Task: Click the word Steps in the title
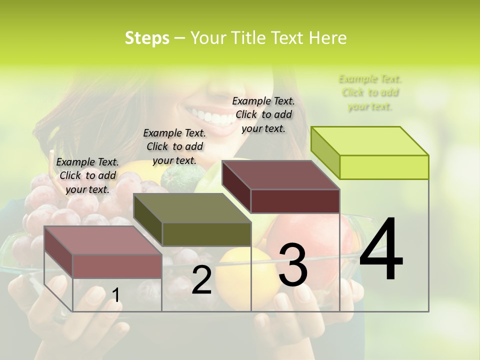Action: pos(147,38)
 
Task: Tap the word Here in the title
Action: pos(328,38)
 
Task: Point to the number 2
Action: pos(201,280)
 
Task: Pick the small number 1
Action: pos(115,295)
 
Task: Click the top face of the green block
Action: pos(370,140)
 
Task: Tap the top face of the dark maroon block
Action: pos(280,175)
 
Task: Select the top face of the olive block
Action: pos(192,208)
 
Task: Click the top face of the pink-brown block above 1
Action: pos(103,240)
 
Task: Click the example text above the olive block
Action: pos(174,146)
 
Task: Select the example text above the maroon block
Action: pos(263,114)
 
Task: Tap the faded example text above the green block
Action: pos(370,92)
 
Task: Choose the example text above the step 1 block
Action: pos(87,175)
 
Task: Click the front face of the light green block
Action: pos(384,167)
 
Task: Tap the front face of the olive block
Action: pos(206,234)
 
